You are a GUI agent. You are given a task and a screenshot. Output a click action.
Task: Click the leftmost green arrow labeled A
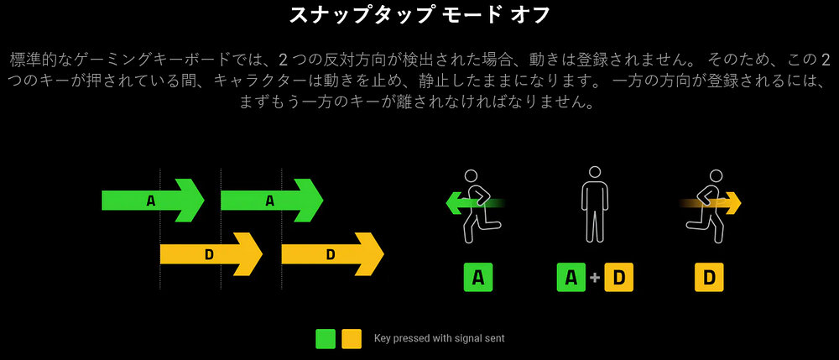pyautogui.click(x=153, y=200)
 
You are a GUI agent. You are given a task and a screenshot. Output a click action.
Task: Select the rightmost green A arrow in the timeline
pyautogui.click(x=272, y=200)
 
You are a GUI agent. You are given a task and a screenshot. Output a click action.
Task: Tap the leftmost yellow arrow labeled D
pyautogui.click(x=211, y=254)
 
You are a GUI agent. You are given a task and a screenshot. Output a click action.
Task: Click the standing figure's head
pyautogui.click(x=595, y=174)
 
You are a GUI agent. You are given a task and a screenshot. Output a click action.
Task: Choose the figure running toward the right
pyautogui.click(x=707, y=206)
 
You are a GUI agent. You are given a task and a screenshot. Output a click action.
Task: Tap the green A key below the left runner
pyautogui.click(x=478, y=277)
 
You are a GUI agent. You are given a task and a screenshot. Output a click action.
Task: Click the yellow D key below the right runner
pyautogui.click(x=709, y=277)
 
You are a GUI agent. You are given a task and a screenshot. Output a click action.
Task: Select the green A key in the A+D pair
pyautogui.click(x=571, y=277)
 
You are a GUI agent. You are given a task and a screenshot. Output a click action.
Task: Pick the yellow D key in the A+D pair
pyautogui.click(x=618, y=277)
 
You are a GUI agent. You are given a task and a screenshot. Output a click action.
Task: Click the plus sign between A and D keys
pyautogui.click(x=595, y=278)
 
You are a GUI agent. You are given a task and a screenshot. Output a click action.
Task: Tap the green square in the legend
pyautogui.click(x=326, y=339)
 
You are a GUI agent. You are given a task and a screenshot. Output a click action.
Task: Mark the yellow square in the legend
pyautogui.click(x=352, y=339)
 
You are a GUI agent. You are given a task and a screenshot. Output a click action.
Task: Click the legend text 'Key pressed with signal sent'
pyautogui.click(x=440, y=338)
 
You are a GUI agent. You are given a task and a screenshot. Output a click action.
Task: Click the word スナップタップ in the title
pyautogui.click(x=360, y=15)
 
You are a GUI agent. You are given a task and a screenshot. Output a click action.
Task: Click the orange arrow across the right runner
pyautogui.click(x=711, y=203)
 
